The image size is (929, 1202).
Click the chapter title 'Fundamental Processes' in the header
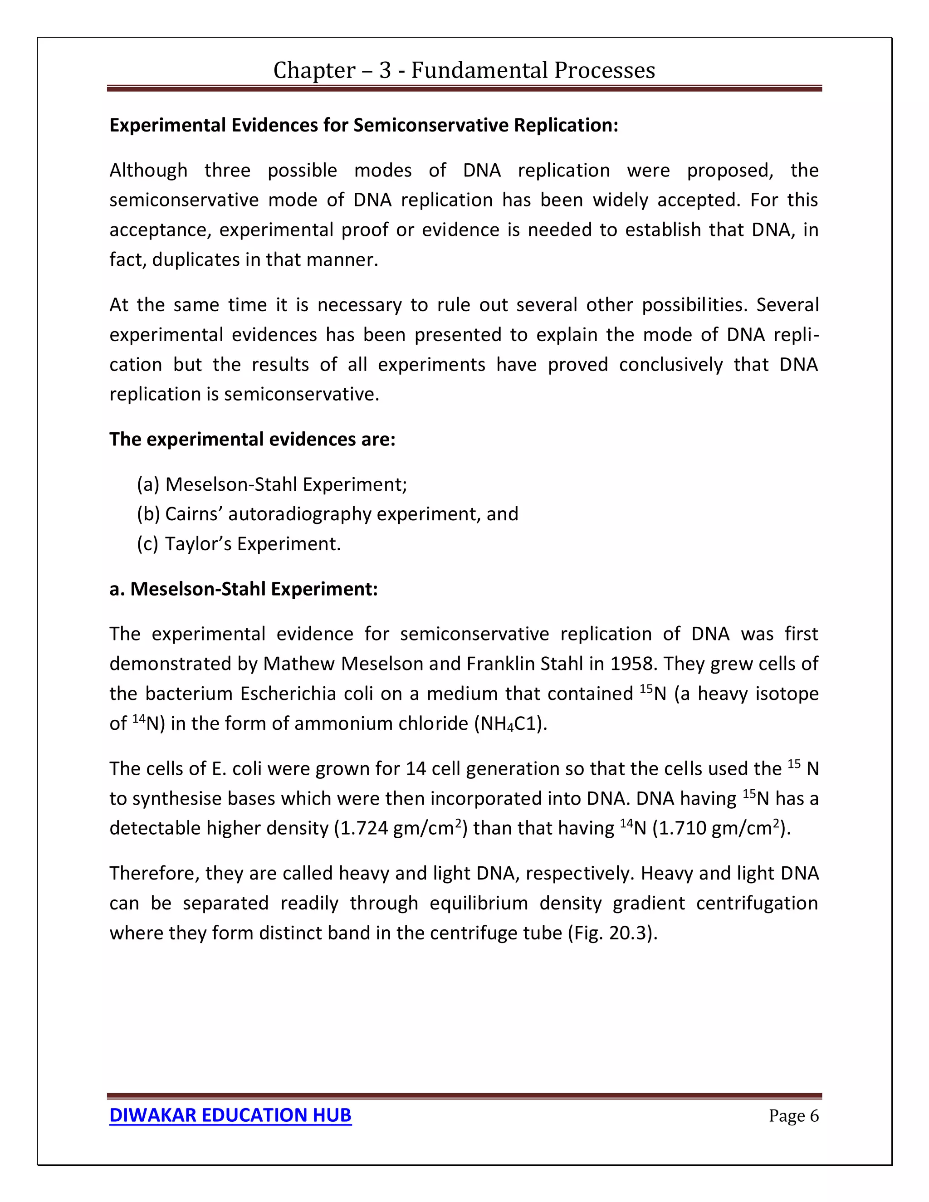(533, 70)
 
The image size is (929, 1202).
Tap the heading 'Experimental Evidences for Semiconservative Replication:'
(364, 126)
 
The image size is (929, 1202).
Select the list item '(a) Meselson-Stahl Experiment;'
(272, 484)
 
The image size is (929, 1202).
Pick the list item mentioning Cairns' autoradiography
(328, 514)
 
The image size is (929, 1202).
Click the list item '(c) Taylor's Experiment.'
(239, 544)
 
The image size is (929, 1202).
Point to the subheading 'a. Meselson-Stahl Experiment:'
(243, 589)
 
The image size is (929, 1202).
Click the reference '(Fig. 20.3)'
(612, 933)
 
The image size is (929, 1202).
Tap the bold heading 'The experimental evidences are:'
(252, 439)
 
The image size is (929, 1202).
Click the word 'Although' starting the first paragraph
(148, 171)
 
